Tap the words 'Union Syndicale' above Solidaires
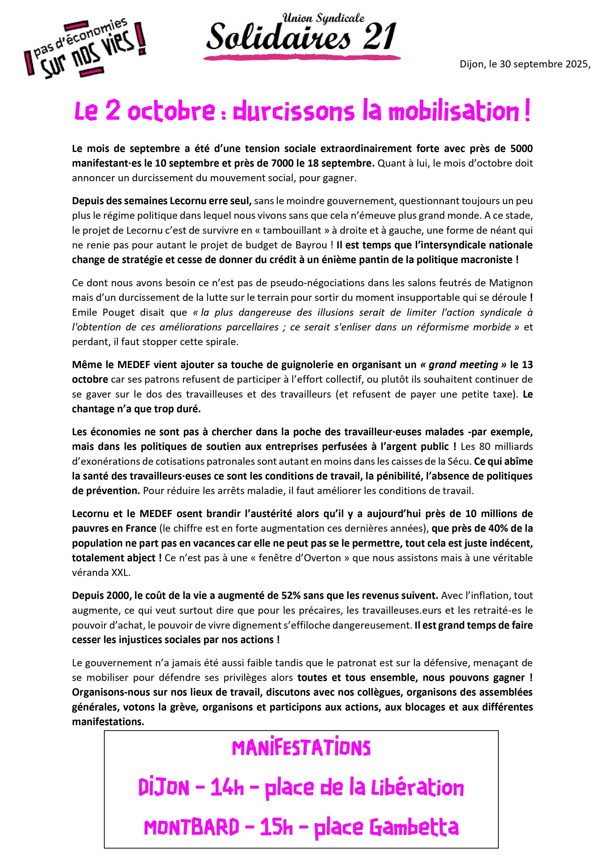(323, 18)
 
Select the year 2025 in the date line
(576, 64)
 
